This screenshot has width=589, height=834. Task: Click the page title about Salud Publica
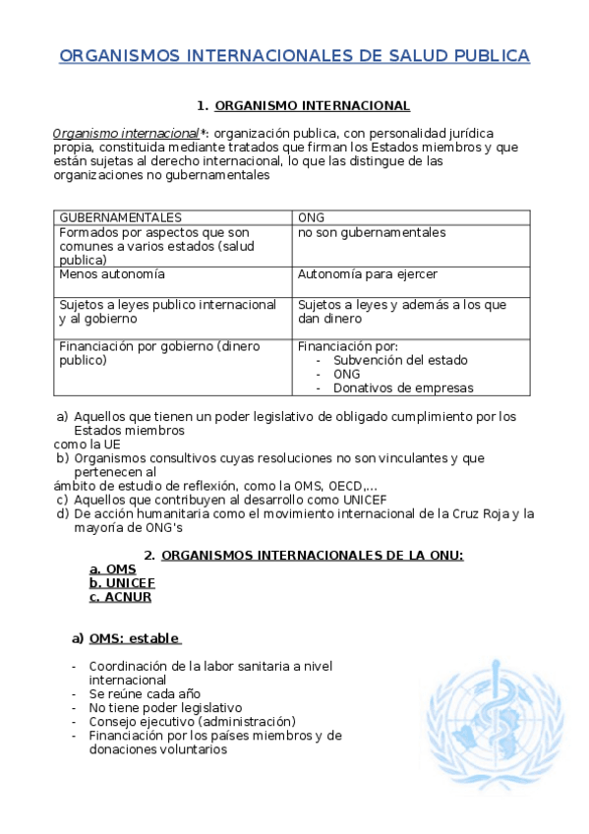[x=294, y=56]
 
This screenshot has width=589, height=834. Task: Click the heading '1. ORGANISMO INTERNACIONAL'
[x=303, y=106]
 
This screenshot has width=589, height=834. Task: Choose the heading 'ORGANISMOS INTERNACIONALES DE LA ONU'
[x=312, y=556]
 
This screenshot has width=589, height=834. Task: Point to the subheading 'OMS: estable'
[x=134, y=638]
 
